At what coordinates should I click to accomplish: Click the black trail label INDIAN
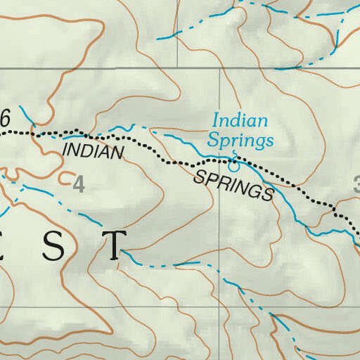93,150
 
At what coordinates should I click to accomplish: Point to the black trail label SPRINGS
232,184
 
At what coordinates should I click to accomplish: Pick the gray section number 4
78,185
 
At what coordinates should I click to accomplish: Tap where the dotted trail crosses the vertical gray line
221,164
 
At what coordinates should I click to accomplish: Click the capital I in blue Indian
215,122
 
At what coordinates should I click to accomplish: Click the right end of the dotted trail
357,238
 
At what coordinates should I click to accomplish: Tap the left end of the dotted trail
2,131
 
